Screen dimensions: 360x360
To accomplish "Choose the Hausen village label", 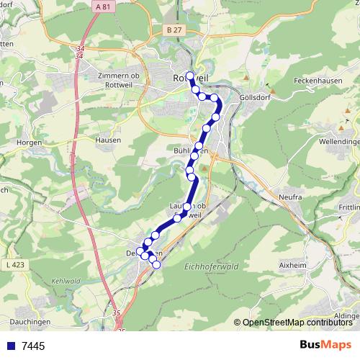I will [x=107, y=140].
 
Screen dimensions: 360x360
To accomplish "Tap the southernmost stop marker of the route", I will [x=156, y=264].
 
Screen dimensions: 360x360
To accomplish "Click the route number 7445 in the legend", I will [x=33, y=346].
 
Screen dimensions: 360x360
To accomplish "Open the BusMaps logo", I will [x=325, y=346].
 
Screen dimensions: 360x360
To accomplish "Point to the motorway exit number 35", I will [x=117, y=314].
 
